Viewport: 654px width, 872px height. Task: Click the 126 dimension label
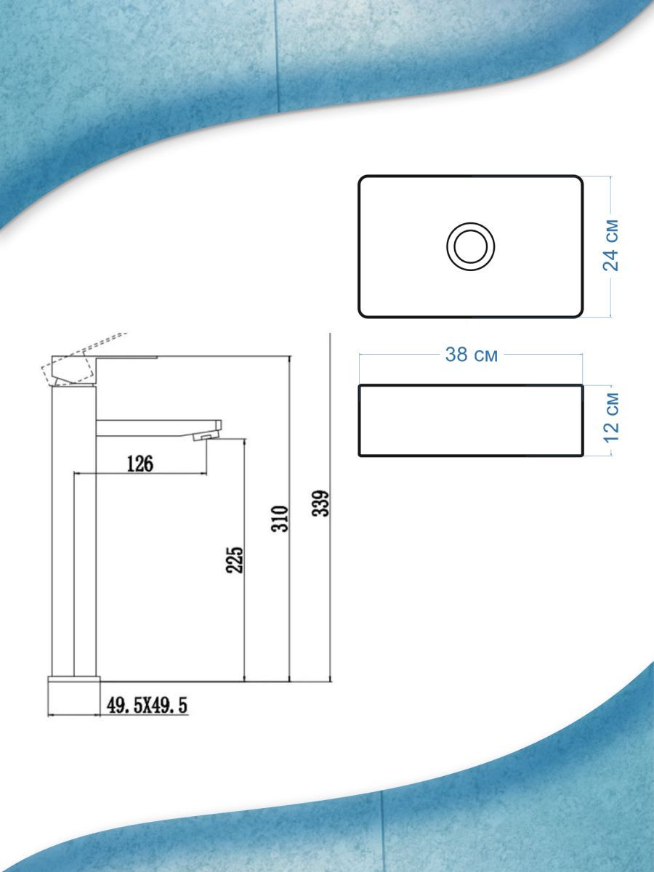[x=140, y=464]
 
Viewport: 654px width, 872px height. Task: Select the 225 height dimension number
[x=234, y=560]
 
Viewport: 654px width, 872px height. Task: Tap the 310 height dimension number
[x=279, y=519]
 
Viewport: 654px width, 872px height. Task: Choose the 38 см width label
[x=472, y=355]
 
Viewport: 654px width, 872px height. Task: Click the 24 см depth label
[x=610, y=246]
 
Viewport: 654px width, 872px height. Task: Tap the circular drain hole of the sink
[x=471, y=246]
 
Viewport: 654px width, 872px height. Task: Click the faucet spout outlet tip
[x=206, y=437]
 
